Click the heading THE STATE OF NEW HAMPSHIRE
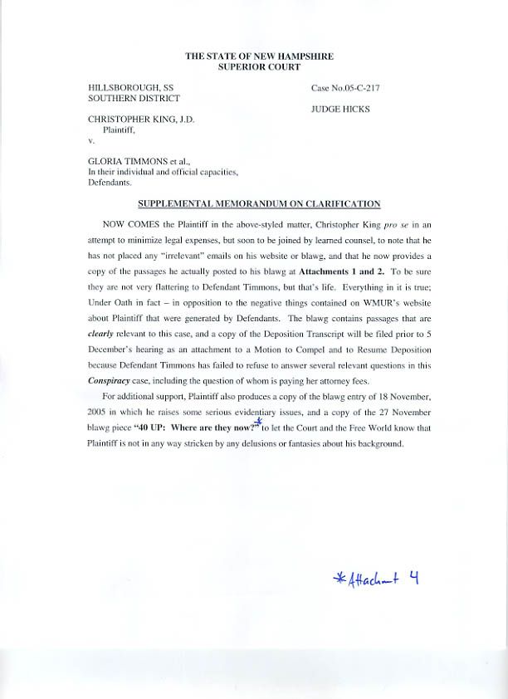coord(258,56)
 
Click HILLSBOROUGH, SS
coord(131,87)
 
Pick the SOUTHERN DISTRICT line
coord(134,97)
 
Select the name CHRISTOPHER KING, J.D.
coord(141,120)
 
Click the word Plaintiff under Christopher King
coord(119,130)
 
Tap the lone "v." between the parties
coord(92,140)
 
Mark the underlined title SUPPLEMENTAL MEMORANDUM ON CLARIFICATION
coord(258,204)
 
